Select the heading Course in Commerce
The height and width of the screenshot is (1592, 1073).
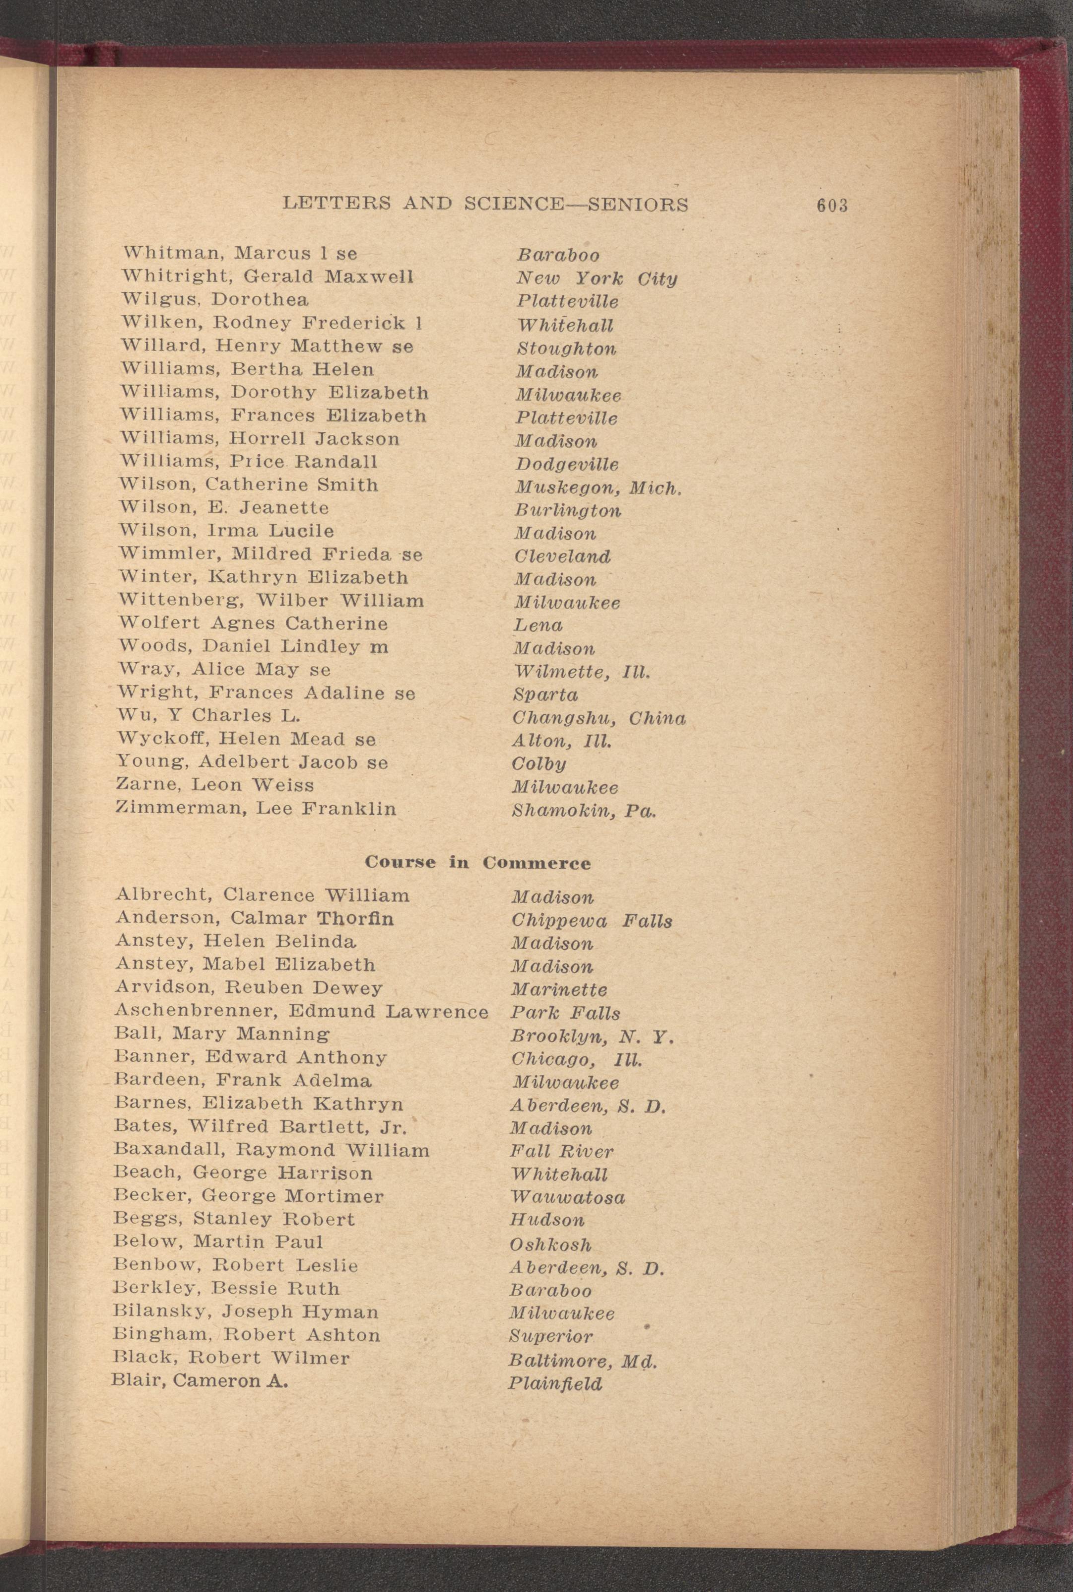click(x=477, y=862)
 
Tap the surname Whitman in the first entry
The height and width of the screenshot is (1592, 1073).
click(x=172, y=253)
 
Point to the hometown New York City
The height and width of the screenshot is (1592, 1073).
click(x=596, y=278)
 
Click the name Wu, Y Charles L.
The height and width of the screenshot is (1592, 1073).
click(x=209, y=716)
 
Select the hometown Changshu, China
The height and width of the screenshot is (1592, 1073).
click(x=599, y=718)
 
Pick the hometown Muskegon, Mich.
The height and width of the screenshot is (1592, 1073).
click(x=598, y=488)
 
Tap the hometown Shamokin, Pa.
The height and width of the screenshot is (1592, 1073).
click(x=584, y=811)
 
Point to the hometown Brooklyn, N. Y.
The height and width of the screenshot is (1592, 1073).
click(x=593, y=1037)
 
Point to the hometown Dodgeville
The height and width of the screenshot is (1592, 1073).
click(x=567, y=465)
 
